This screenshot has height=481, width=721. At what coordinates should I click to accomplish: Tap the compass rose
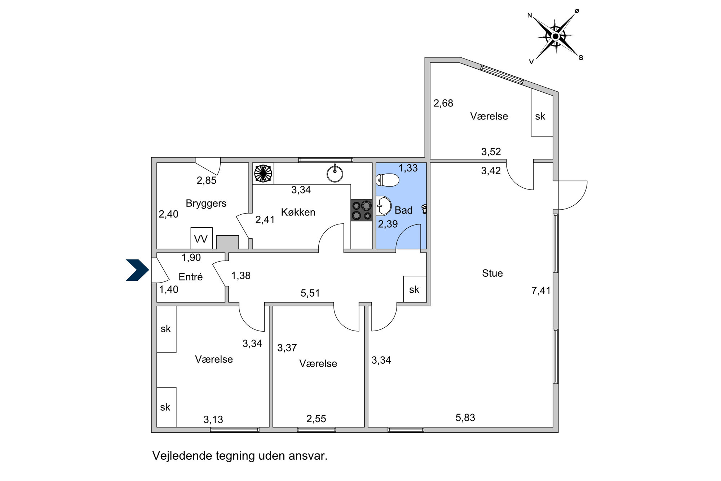(x=556, y=36)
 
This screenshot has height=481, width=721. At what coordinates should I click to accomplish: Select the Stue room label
(x=492, y=273)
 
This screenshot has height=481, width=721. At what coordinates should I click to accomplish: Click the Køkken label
(x=298, y=212)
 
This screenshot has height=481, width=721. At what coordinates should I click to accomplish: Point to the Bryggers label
(x=206, y=204)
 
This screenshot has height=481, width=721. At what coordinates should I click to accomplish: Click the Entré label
(x=191, y=277)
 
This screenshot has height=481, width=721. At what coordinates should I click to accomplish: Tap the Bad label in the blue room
(x=403, y=210)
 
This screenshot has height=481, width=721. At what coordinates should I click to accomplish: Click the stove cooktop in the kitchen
(x=362, y=210)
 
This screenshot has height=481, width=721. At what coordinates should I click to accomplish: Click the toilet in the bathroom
(x=387, y=180)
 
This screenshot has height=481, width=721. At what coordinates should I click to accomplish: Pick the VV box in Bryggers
(x=202, y=238)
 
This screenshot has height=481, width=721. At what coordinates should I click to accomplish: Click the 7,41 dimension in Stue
(x=541, y=290)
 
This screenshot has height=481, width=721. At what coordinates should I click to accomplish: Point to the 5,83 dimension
(x=465, y=417)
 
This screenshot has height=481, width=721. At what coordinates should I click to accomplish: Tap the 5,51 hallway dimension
(x=310, y=293)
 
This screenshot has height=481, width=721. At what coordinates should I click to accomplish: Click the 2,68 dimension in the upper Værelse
(x=443, y=103)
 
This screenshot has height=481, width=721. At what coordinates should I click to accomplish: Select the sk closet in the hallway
(x=415, y=289)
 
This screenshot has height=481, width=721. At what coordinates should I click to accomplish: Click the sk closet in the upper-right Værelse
(x=542, y=112)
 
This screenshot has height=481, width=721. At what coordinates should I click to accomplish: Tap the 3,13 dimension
(x=213, y=420)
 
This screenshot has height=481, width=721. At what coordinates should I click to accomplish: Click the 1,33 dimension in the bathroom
(x=408, y=168)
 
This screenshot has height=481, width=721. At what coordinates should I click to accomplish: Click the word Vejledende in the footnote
(x=182, y=456)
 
